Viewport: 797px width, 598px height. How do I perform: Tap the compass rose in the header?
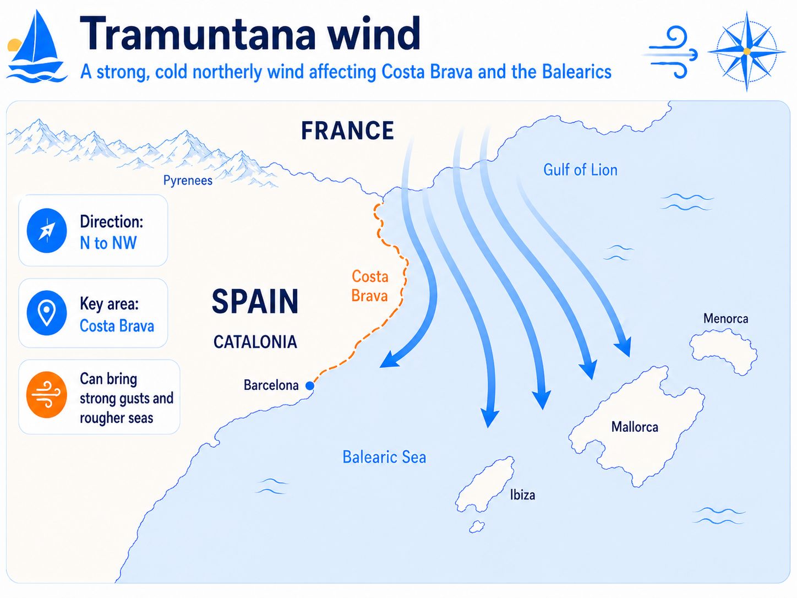click(x=746, y=51)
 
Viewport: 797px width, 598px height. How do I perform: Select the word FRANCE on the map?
click(x=347, y=131)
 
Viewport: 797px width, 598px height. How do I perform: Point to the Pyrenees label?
click(x=188, y=181)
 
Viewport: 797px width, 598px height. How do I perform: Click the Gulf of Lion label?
click(x=580, y=170)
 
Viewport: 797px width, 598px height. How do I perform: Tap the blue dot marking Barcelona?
click(x=310, y=386)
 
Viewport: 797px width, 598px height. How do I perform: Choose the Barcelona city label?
click(x=271, y=385)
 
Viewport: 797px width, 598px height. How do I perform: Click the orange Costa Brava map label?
click(x=370, y=286)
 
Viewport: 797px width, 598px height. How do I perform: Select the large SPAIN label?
click(x=255, y=302)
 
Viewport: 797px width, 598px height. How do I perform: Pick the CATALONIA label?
click(x=255, y=343)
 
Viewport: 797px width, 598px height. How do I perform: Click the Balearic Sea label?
click(x=384, y=457)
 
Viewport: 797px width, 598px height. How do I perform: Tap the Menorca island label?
click(x=725, y=319)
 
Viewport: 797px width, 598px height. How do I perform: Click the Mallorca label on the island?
click(x=635, y=427)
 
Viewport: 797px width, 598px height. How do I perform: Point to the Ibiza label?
click(x=522, y=495)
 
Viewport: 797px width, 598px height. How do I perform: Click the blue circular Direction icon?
click(x=47, y=231)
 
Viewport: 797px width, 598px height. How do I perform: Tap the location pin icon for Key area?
click(x=47, y=313)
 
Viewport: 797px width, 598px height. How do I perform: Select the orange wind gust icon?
click(x=47, y=395)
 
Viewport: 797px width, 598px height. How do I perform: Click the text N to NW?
click(x=108, y=243)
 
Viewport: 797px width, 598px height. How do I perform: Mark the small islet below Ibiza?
click(x=477, y=526)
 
